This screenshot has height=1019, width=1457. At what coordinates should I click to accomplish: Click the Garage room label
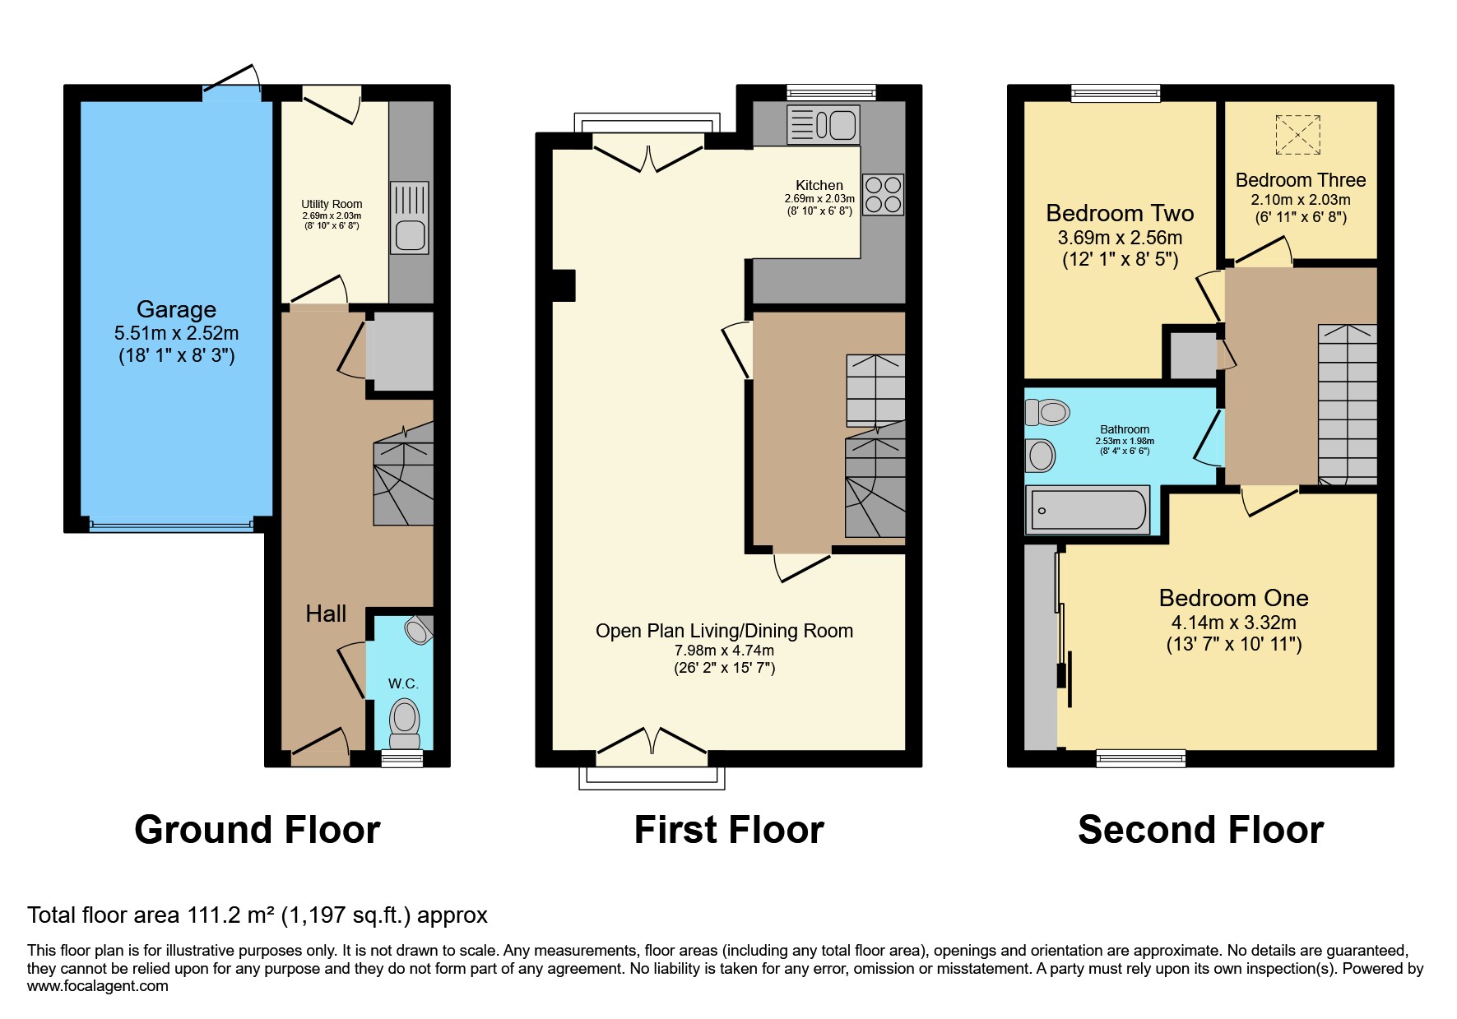click(x=176, y=309)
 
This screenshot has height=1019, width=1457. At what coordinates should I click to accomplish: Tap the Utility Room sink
click(x=409, y=217)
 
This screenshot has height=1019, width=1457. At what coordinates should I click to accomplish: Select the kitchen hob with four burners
click(x=883, y=194)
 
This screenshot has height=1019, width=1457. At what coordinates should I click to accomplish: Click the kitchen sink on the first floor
click(x=823, y=125)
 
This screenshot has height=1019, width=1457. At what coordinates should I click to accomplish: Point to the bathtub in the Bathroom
click(x=1087, y=509)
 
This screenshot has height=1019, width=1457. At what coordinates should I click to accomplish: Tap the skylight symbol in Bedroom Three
click(x=1297, y=134)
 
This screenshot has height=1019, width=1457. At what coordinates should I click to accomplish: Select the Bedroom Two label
click(x=1120, y=214)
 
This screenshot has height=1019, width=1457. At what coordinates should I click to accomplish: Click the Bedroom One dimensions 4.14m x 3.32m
click(x=1233, y=623)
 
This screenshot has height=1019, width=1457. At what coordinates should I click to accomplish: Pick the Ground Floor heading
click(x=258, y=829)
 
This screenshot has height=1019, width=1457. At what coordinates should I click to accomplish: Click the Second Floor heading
click(x=1200, y=829)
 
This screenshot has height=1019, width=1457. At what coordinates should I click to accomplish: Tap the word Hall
click(x=326, y=614)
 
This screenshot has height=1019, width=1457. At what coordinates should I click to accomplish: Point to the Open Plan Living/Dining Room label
click(x=724, y=631)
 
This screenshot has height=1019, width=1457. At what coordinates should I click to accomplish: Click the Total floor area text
click(x=258, y=915)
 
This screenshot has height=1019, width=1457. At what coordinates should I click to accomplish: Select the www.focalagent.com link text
click(x=98, y=986)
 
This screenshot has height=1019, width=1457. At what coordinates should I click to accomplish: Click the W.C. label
click(x=403, y=683)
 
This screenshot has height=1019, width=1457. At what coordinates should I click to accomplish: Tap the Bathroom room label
click(x=1125, y=429)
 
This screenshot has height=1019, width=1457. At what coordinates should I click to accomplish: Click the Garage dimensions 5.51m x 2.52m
click(x=176, y=333)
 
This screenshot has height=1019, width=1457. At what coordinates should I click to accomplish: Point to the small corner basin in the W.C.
click(x=419, y=630)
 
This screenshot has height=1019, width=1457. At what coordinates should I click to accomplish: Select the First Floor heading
click(x=729, y=829)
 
